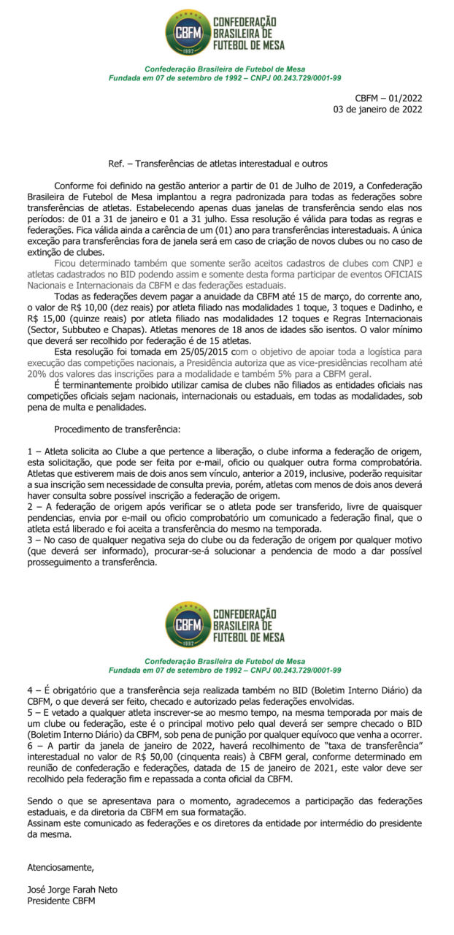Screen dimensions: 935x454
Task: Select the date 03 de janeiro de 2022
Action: coord(377,110)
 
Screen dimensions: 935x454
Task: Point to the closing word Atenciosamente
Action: coord(61,867)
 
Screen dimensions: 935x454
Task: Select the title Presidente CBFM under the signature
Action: coord(61,901)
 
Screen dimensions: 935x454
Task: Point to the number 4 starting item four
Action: coord(30,689)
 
